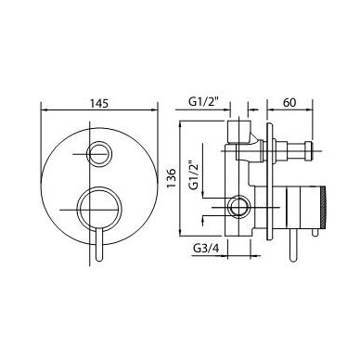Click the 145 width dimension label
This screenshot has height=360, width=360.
99,103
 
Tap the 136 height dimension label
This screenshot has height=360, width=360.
171,178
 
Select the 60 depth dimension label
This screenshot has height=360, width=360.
289,102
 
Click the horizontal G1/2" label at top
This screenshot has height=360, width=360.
203,103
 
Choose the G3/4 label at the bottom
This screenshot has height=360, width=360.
206,248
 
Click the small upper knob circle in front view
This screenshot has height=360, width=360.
98,154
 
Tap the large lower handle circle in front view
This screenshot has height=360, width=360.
99,210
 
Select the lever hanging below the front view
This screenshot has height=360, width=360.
99,245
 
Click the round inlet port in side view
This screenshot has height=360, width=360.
238,207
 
